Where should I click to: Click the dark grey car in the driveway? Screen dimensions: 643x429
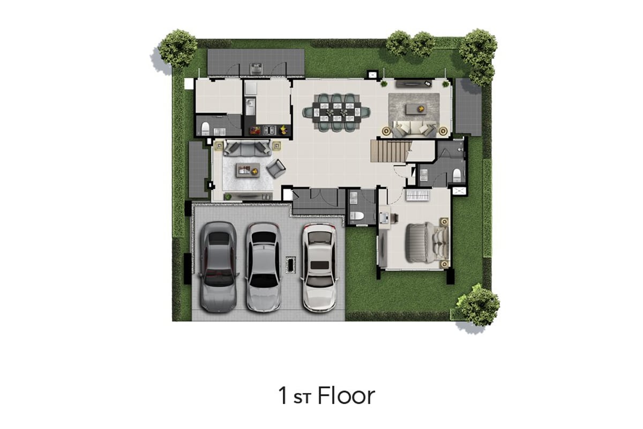[219, 267]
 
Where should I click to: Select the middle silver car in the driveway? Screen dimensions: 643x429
[263, 267]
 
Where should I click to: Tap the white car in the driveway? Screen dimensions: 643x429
[319, 268]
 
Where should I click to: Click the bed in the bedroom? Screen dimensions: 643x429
[427, 243]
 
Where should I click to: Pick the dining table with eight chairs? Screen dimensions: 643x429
[337, 113]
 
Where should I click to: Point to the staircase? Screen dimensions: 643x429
[391, 151]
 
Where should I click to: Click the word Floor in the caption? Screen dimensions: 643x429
[346, 396]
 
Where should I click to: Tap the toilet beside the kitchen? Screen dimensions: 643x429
[205, 128]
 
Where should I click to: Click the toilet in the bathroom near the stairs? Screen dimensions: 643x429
[457, 175]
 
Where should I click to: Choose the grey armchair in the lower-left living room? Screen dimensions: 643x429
[276, 168]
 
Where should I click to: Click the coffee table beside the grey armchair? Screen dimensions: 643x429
[248, 171]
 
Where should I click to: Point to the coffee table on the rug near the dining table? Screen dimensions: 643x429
[416, 109]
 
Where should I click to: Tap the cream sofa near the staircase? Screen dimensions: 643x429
[415, 129]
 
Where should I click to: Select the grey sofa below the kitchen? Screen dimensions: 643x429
[247, 147]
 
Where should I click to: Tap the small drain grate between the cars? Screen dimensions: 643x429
[290, 264]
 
